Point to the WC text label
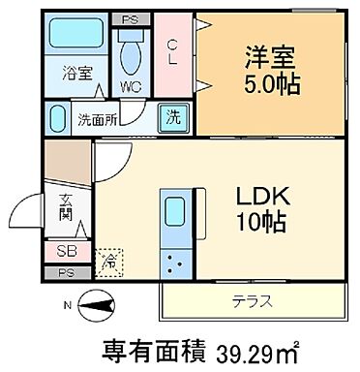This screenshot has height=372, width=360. pos(129,87)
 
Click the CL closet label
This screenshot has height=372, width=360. pos(172,50)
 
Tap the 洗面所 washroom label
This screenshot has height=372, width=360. pos(97,120)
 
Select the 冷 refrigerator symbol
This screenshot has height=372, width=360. pos(109,262)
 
